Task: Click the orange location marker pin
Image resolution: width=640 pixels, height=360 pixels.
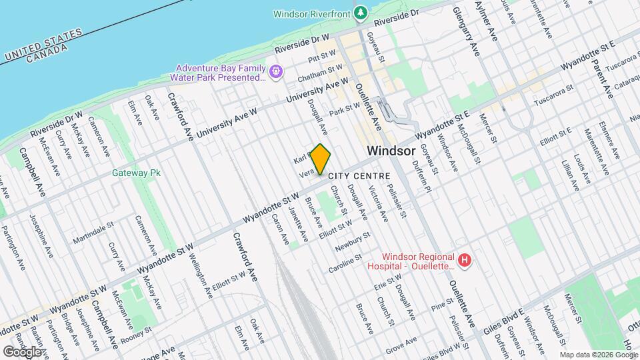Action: [321, 159]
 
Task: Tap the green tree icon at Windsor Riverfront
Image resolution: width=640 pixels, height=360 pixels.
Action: [361, 12]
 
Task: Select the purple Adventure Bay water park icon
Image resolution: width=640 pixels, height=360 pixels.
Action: [275, 69]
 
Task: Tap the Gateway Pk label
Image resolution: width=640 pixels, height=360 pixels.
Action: [137, 173]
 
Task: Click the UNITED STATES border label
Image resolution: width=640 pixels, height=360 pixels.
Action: [41, 45]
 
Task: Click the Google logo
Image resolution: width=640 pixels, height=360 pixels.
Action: [22, 351]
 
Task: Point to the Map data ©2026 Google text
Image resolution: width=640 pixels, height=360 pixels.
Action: [597, 354]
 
